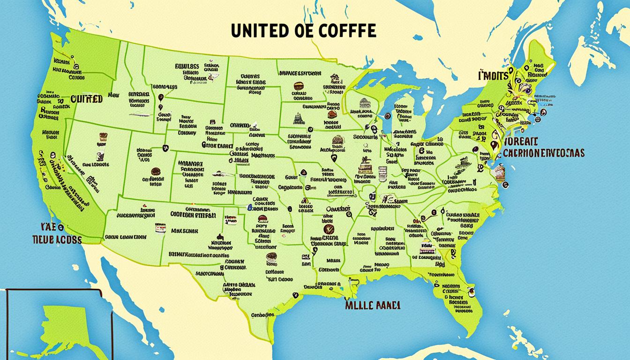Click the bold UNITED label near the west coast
click(86, 99)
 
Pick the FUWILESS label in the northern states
click(187, 67)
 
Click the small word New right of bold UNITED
click(113, 95)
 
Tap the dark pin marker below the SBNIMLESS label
click(161, 98)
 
